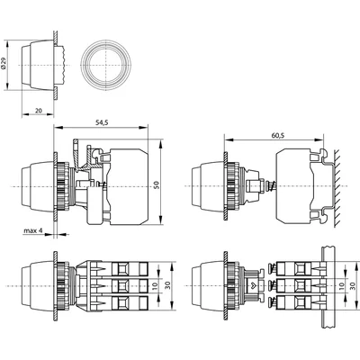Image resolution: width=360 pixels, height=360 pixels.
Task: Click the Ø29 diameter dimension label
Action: [x=4, y=64]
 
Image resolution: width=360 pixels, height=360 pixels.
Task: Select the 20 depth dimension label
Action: [x=39, y=111]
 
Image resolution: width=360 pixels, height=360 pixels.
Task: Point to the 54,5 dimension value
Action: [x=102, y=122]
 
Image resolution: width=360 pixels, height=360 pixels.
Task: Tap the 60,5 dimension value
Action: [x=278, y=135]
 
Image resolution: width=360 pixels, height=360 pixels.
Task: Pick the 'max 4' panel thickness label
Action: [x=33, y=230]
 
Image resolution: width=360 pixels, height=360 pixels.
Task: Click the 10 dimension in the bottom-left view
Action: [x=155, y=285]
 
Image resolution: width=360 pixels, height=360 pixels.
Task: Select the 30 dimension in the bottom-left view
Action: [x=168, y=285]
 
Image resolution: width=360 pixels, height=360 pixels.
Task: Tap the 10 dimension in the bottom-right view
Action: [x=342, y=285]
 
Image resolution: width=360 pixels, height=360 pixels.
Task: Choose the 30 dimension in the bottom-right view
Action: [x=353, y=285]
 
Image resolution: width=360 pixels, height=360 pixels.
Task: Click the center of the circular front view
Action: [x=106, y=66]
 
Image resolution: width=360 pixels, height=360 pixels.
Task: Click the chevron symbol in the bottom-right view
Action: [x=251, y=285]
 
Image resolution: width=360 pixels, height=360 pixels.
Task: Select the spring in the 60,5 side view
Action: [x=270, y=187]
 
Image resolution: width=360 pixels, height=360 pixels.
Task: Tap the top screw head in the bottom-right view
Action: [x=273, y=267]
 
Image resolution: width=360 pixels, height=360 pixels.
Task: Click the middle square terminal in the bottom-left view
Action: [x=121, y=286]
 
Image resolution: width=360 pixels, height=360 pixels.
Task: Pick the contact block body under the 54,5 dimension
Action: [x=129, y=186]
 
